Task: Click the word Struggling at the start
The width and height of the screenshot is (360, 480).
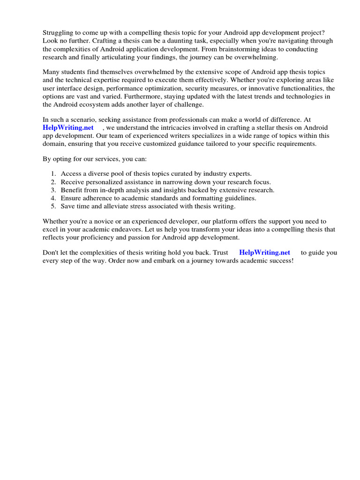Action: pos(59,32)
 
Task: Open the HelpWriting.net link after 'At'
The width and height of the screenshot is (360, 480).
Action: pos(68,127)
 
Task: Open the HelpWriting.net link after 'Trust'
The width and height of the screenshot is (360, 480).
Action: pos(264,253)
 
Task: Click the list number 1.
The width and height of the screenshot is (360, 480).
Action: pos(54,173)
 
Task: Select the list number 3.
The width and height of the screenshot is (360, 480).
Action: pos(54,190)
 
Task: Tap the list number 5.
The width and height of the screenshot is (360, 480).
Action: pos(54,206)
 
